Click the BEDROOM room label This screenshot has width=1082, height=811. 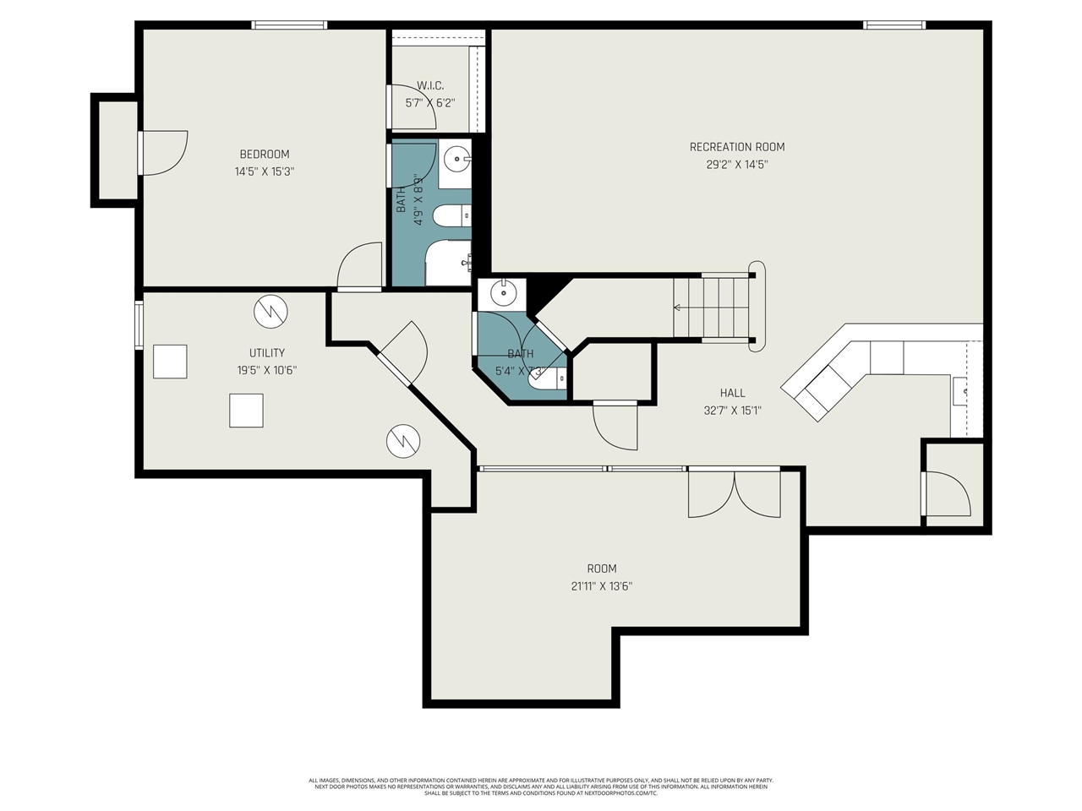click(x=265, y=154)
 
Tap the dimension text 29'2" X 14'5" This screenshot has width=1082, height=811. click(x=737, y=165)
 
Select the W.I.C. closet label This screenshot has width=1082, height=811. click(x=430, y=85)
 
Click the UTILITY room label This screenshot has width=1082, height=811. click(x=266, y=352)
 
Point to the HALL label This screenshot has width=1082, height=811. click(x=733, y=393)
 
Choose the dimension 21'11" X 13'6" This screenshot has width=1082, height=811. click(x=602, y=586)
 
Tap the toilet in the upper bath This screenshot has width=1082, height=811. click(x=451, y=216)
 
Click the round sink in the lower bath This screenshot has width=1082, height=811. click(x=503, y=293)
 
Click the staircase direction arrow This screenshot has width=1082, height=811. click(x=679, y=308)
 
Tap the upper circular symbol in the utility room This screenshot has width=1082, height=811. click(x=270, y=311)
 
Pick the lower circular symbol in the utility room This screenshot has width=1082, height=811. click(x=403, y=440)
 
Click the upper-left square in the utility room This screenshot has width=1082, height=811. click(x=170, y=362)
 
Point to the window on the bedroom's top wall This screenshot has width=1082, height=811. click(x=290, y=25)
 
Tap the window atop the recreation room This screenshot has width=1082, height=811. click(x=894, y=25)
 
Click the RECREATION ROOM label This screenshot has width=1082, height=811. click(x=737, y=147)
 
